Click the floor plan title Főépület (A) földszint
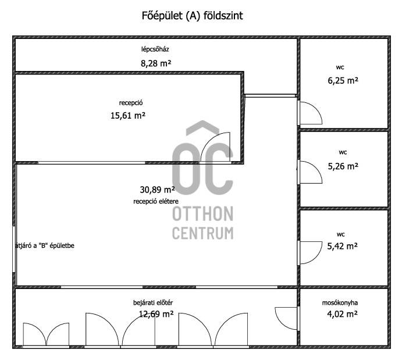point(192,16)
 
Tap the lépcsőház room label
point(155,49)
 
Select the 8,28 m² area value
point(156,63)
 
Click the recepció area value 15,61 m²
point(128,115)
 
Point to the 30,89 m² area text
point(157,190)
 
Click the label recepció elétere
point(156,201)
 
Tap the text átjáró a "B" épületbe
point(45,245)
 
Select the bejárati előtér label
point(153,302)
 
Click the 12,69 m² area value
point(156,314)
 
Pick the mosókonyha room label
point(340,303)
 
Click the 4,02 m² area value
point(342,314)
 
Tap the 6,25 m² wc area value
point(343,81)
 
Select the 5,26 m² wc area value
point(343,166)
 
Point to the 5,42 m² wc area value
point(342,246)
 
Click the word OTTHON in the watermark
point(203,214)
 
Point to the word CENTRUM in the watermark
point(203,233)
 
